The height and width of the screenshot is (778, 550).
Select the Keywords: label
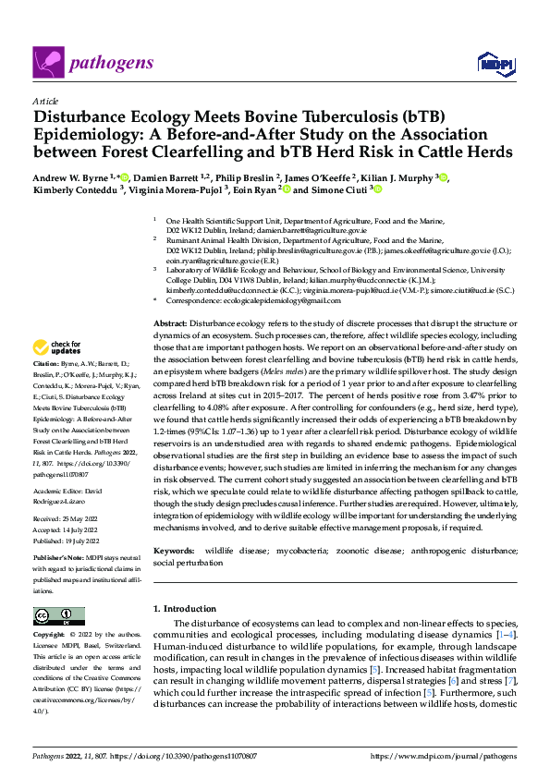[x=175, y=550]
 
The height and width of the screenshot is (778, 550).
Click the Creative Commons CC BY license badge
[x=54, y=615]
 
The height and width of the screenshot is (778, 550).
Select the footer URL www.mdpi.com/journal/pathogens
[x=454, y=757]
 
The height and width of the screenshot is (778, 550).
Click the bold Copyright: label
[x=50, y=636]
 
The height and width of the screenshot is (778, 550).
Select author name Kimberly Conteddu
[x=71, y=190]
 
